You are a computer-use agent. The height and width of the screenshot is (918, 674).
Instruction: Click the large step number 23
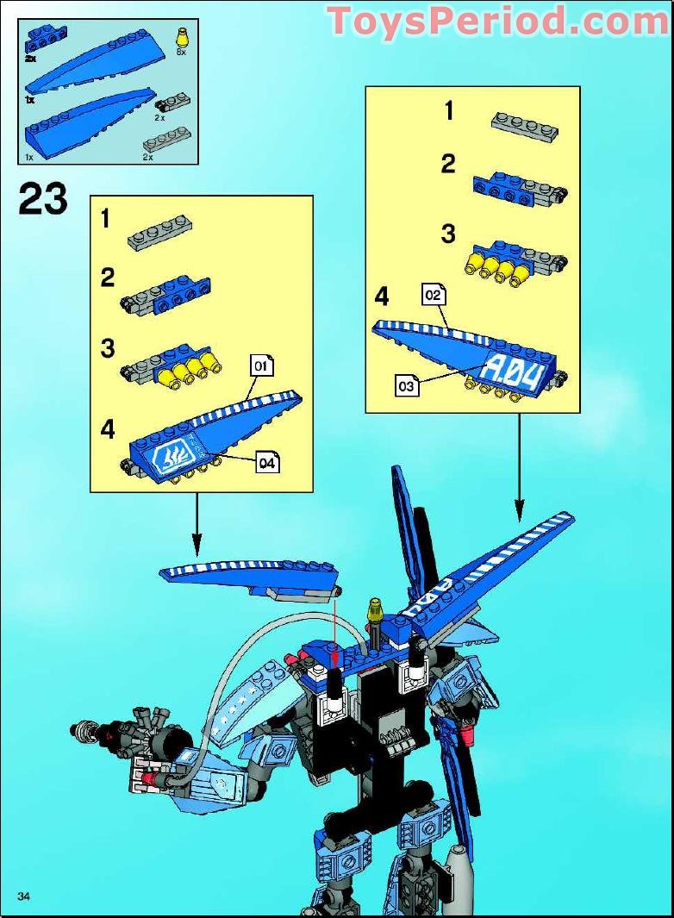42,200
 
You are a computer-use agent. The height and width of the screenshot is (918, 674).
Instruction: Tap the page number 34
23,897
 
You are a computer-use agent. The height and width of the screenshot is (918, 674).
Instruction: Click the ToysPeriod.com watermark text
498,22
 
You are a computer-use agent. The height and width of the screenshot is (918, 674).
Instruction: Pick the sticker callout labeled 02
433,296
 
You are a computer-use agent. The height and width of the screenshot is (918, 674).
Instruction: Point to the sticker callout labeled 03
408,385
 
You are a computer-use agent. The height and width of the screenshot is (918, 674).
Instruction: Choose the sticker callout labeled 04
269,463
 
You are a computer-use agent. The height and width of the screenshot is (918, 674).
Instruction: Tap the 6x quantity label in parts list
180,53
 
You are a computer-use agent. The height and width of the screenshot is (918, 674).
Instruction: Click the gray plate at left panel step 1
159,231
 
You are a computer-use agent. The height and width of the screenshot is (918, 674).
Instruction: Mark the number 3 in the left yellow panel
108,348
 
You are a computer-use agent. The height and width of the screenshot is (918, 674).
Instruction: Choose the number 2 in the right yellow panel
447,164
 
